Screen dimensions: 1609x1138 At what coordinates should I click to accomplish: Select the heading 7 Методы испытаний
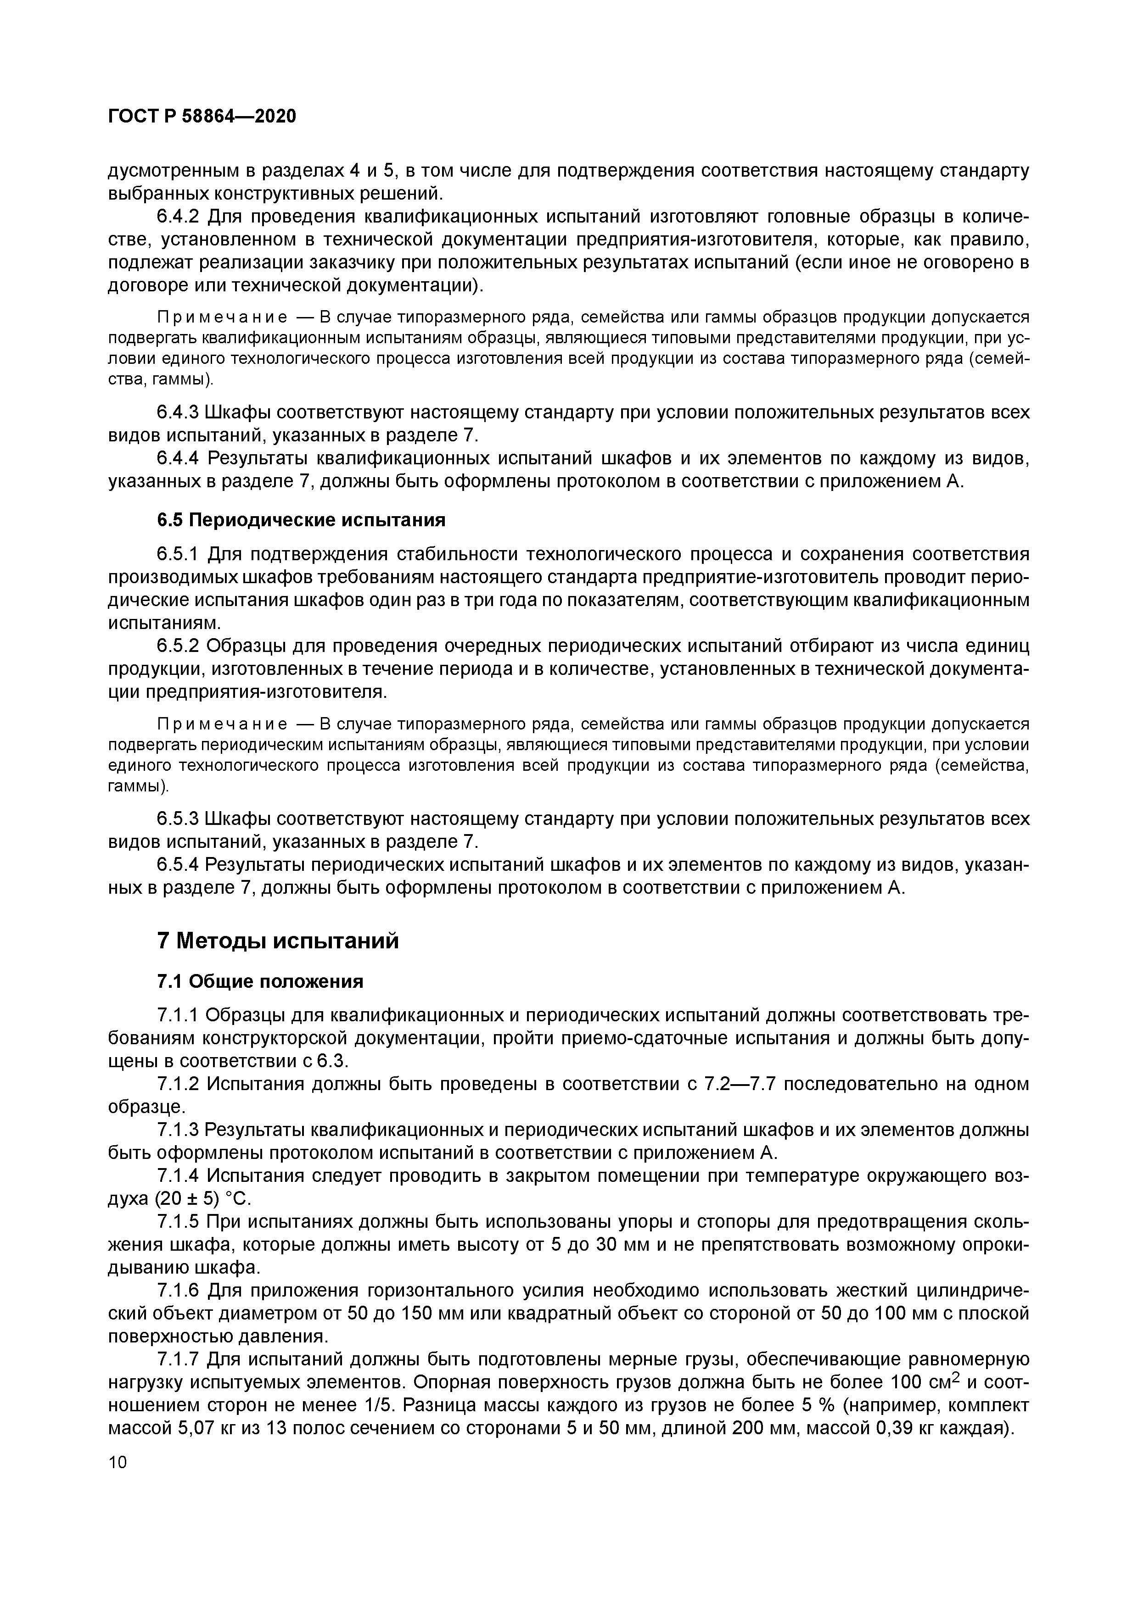point(278,941)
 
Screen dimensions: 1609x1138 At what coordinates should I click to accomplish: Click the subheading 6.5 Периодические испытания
point(301,520)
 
